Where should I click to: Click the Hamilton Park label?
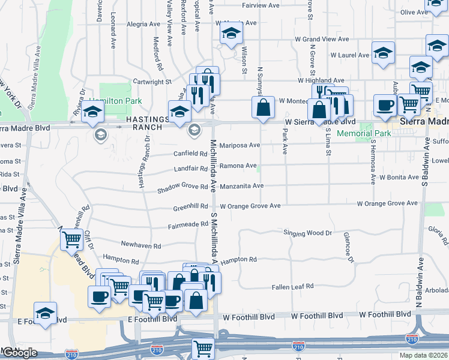pos(115,101)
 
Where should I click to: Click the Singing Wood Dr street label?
pos(307,233)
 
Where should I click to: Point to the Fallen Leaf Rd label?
pos(292,287)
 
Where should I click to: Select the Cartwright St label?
pos(152,81)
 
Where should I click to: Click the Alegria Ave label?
pos(143,25)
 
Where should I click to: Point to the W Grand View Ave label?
pos(321,39)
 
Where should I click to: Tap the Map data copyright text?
pos(424,355)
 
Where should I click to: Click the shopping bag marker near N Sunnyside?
pos(264,108)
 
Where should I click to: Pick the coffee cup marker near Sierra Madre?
pos(384,105)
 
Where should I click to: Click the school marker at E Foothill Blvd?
pos(45,313)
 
